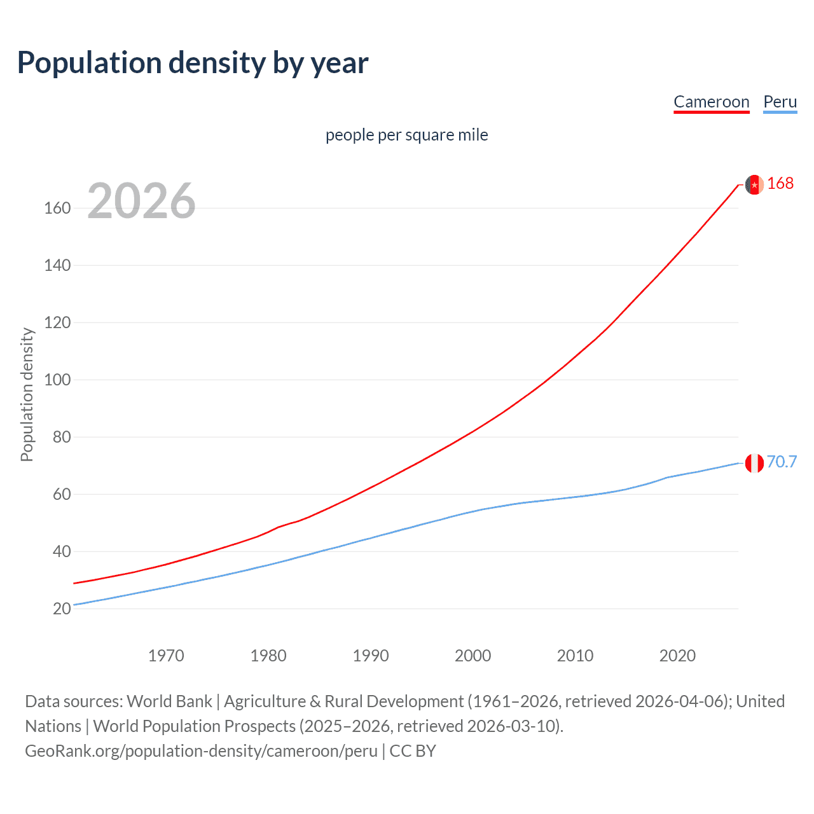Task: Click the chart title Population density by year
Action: pyautogui.click(x=193, y=63)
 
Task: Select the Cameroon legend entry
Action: pyautogui.click(x=711, y=102)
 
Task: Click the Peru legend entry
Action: pyautogui.click(x=780, y=102)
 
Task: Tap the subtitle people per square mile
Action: pyautogui.click(x=407, y=135)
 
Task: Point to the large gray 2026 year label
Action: pyautogui.click(x=141, y=201)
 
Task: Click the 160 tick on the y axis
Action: pyautogui.click(x=57, y=209)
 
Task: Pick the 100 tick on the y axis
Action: pyautogui.click(x=57, y=380)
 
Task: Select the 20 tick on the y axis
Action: pyautogui.click(x=62, y=609)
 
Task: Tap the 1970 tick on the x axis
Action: pyautogui.click(x=166, y=656)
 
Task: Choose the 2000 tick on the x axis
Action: pyautogui.click(x=473, y=656)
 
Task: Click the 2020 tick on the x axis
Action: pyautogui.click(x=677, y=656)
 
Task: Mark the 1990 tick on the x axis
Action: pyautogui.click(x=371, y=656)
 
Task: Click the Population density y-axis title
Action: pyautogui.click(x=27, y=394)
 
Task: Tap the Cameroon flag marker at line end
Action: pyautogui.click(x=754, y=184)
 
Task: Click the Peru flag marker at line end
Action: pyautogui.click(x=754, y=463)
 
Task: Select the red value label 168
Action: pyautogui.click(x=780, y=184)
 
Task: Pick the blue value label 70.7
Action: pyautogui.click(x=782, y=462)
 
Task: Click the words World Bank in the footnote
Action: pyautogui.click(x=169, y=701)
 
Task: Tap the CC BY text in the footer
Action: pyautogui.click(x=413, y=751)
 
